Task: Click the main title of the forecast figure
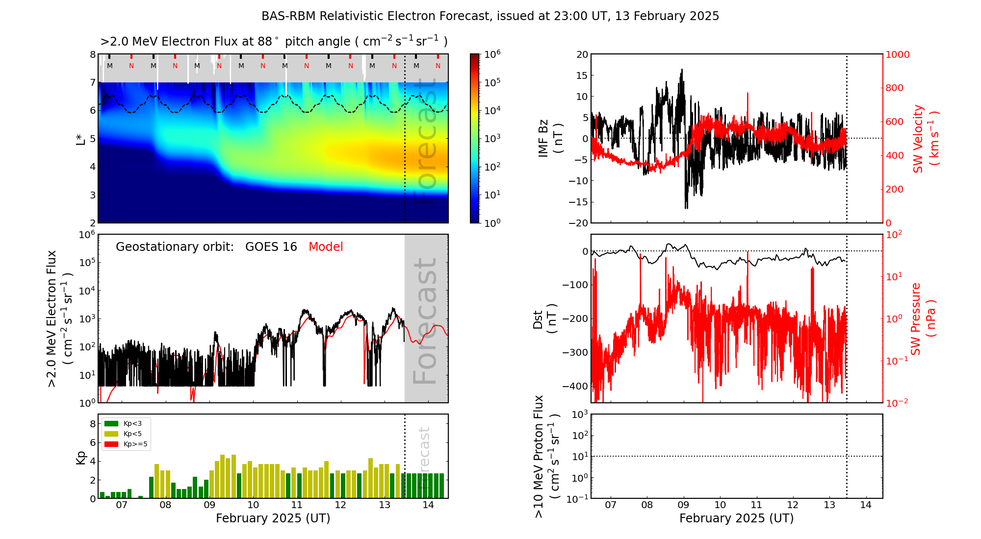pyautogui.click(x=490, y=16)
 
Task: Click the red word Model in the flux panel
pyautogui.click(x=326, y=247)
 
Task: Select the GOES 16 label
pyautogui.click(x=271, y=247)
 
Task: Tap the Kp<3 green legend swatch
pyautogui.click(x=111, y=423)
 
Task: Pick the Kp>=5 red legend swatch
pyautogui.click(x=111, y=444)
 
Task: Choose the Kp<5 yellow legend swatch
pyautogui.click(x=111, y=434)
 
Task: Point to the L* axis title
pyautogui.click(x=80, y=138)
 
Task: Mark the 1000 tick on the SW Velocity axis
pyautogui.click(x=897, y=54)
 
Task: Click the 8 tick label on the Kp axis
pyautogui.click(x=92, y=424)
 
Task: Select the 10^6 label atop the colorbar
pyautogui.click(x=492, y=54)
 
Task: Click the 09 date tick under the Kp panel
pyautogui.click(x=209, y=505)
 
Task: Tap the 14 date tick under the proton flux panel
pyautogui.click(x=866, y=505)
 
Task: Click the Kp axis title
pyautogui.click(x=81, y=457)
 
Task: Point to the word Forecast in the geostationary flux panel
pyautogui.click(x=425, y=320)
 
